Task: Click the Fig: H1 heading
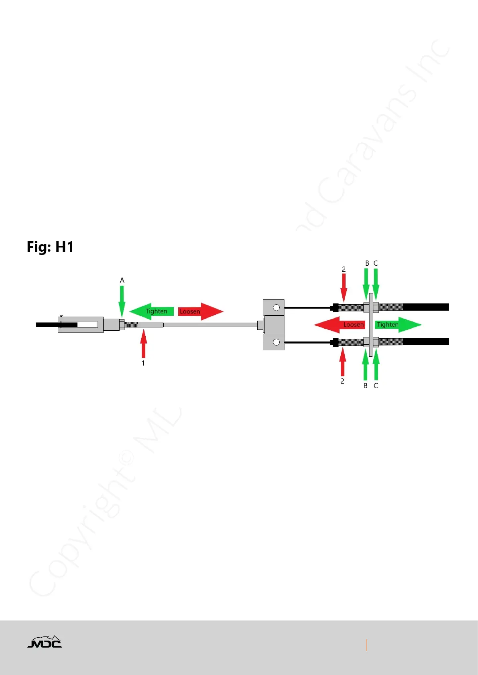(x=50, y=247)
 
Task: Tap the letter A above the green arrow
(x=122, y=280)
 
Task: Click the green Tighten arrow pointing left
(x=152, y=311)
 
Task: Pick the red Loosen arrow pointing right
(x=200, y=311)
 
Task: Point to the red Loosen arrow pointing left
(x=340, y=325)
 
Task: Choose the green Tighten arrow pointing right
(x=398, y=325)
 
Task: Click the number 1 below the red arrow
(x=143, y=363)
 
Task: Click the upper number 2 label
(x=344, y=269)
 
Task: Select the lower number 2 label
(x=342, y=381)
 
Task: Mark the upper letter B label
(x=367, y=263)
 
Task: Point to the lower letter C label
(x=376, y=386)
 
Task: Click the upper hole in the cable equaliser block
(x=276, y=308)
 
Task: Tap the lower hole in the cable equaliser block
(x=276, y=342)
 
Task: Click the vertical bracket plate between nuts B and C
(x=371, y=325)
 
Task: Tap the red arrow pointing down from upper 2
(x=344, y=288)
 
